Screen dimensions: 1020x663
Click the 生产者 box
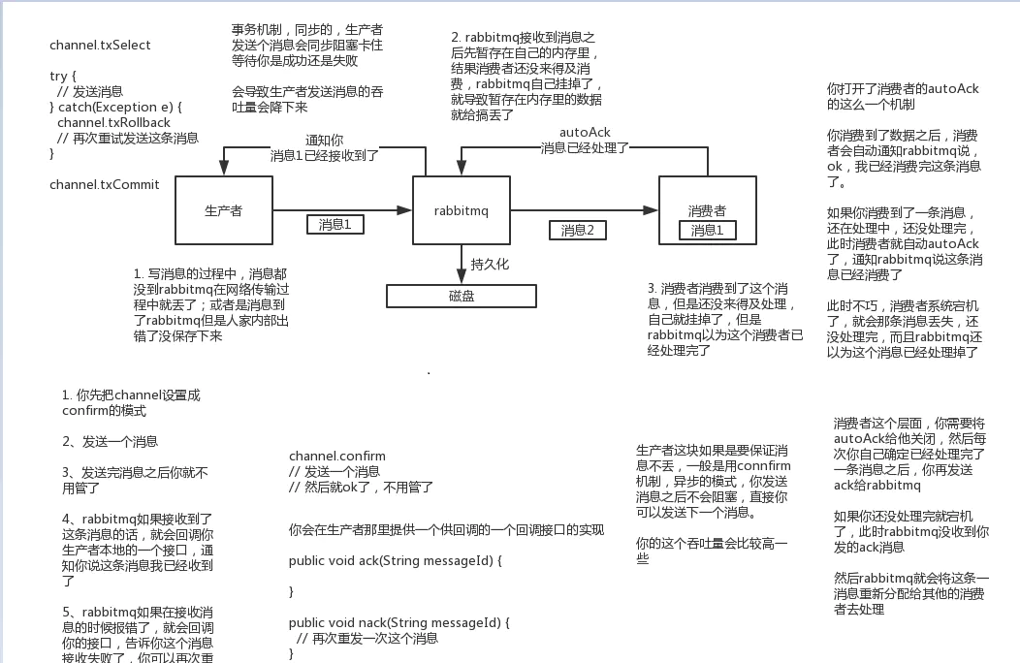[x=223, y=210]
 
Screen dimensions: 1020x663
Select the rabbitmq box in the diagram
[x=461, y=210]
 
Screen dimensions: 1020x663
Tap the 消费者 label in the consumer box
[x=707, y=210]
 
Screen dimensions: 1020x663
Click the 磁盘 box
[x=462, y=296]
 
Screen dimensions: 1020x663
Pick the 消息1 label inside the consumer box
[x=707, y=231]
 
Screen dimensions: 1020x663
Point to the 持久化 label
[x=490, y=264]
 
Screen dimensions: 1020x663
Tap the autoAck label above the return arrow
[x=585, y=133]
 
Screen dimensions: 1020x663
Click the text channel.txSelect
[x=100, y=46]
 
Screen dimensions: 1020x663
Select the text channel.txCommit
[x=104, y=184]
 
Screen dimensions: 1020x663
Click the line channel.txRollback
[x=113, y=123]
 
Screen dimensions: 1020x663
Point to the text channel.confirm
[x=336, y=456]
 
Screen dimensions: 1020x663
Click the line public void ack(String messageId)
[x=396, y=560]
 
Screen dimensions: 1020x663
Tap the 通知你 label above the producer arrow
[x=324, y=141]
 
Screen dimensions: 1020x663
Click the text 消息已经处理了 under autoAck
[x=585, y=148]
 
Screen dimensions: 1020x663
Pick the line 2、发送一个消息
[x=110, y=441]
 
